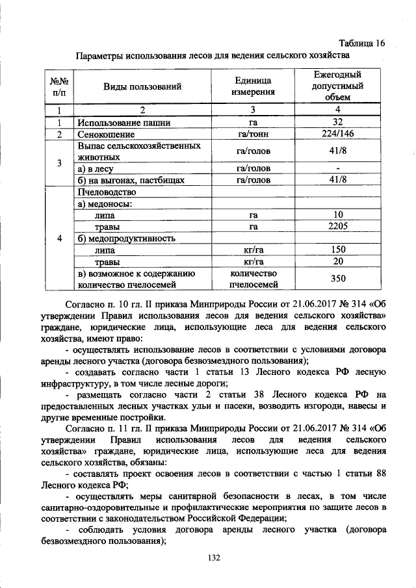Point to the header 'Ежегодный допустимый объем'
337,86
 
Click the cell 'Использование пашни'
124,122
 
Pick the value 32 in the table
337,122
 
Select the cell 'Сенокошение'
103,134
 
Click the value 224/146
337,134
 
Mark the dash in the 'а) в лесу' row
337,169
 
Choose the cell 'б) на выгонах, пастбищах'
131,181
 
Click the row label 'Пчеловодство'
106,192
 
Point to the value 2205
337,227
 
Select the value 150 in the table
337,250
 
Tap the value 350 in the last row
337,278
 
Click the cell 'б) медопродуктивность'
127,238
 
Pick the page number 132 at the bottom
215,558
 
